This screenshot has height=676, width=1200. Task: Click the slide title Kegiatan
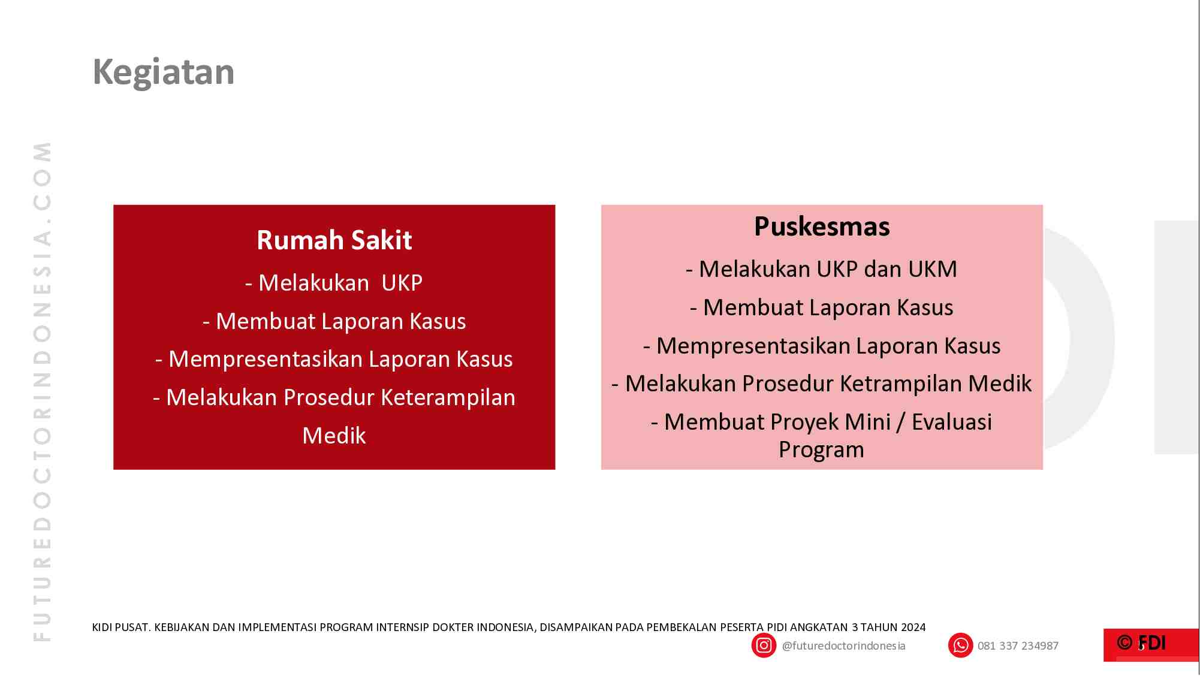point(163,73)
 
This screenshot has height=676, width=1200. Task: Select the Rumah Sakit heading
point(334,240)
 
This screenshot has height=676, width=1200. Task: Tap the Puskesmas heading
point(821,227)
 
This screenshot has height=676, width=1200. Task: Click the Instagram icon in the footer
point(764,645)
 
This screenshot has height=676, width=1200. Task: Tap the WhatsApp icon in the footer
point(960,645)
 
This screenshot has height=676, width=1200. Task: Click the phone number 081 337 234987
point(1017,646)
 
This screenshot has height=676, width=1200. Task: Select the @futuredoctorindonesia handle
point(843,646)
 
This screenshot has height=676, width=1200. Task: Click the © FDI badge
point(1141,644)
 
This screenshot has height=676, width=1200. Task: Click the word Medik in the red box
point(334,436)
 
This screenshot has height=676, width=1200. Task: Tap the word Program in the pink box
point(821,449)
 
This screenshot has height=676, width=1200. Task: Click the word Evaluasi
point(951,422)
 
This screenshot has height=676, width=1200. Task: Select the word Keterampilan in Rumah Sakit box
point(448,397)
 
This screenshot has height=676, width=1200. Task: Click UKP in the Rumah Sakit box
point(402,283)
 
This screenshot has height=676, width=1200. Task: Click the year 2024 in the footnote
point(913,627)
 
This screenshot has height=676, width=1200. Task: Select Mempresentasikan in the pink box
point(753,346)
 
